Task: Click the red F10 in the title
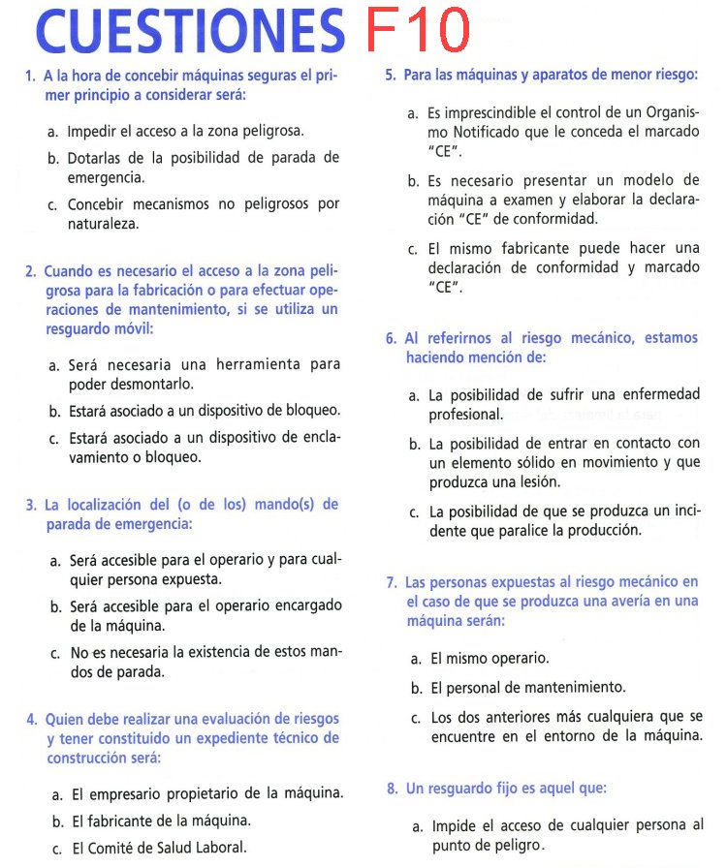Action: point(418,31)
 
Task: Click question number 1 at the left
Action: point(31,76)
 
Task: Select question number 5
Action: point(390,75)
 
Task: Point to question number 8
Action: point(392,789)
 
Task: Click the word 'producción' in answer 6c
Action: point(606,530)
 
